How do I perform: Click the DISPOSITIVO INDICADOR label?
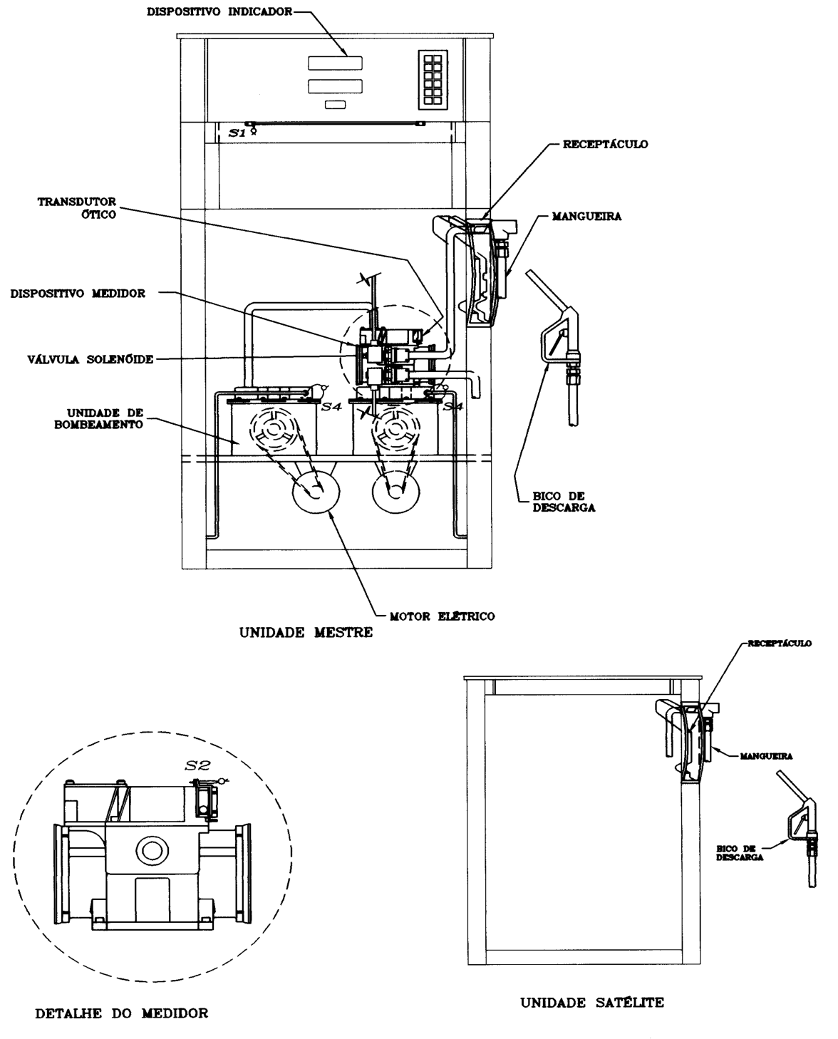pyautogui.click(x=219, y=12)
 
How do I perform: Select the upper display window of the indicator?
pyautogui.click(x=335, y=63)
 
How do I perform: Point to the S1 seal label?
pyautogui.click(x=237, y=133)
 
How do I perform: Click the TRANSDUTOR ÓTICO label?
pyautogui.click(x=77, y=208)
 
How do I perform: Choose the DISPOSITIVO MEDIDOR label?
pyautogui.click(x=78, y=294)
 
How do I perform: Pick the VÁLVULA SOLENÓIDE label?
pyautogui.click(x=90, y=360)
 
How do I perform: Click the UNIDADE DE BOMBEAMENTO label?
pyautogui.click(x=98, y=419)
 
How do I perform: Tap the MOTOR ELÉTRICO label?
pyautogui.click(x=443, y=616)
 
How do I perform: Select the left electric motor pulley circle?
pyautogui.click(x=316, y=492)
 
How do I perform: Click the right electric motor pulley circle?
pyautogui.click(x=395, y=492)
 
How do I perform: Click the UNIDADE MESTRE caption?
pyautogui.click(x=306, y=633)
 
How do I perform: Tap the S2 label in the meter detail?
pyautogui.click(x=197, y=765)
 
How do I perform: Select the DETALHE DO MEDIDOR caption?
pyautogui.click(x=122, y=1013)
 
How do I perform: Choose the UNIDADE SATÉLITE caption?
pyautogui.click(x=592, y=1003)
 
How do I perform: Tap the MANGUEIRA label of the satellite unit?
pyautogui.click(x=767, y=756)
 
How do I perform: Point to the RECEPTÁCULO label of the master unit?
pyautogui.click(x=605, y=145)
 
